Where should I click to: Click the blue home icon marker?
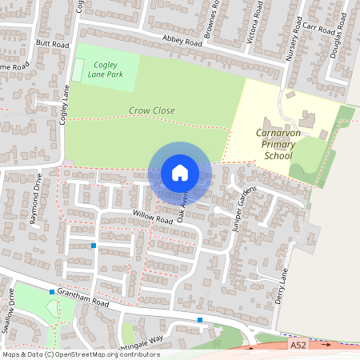pos(180,172)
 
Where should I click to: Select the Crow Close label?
pos(151,110)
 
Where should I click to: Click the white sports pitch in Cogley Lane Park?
pos(78,68)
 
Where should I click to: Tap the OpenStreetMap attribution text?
pos(81,354)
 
